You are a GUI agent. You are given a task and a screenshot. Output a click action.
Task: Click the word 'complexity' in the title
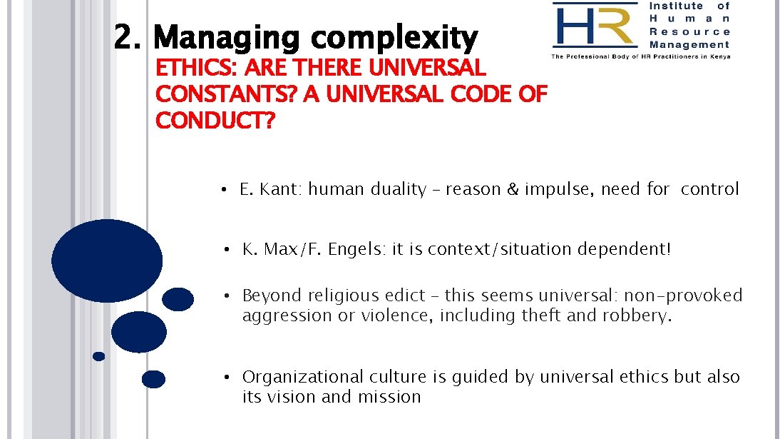394,39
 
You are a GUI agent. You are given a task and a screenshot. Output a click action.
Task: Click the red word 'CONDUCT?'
215,121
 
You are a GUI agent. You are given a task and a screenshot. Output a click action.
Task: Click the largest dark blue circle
107,261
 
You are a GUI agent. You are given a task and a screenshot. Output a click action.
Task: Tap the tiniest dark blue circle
98,356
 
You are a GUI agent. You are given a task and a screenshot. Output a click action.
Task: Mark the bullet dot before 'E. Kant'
223,190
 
